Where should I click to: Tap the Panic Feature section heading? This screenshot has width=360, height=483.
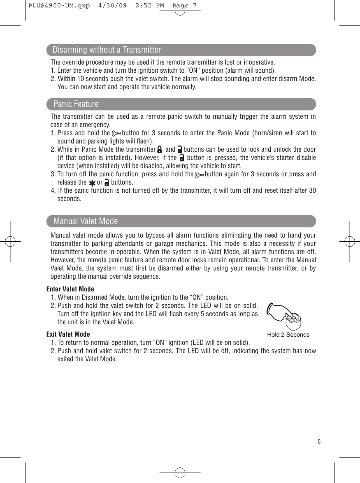click(76, 104)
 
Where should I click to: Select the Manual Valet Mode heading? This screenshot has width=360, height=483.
click(86, 221)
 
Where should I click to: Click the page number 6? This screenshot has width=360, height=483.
click(319, 441)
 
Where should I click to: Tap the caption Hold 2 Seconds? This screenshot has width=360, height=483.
click(288, 335)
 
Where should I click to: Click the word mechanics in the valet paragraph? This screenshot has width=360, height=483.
click(225, 243)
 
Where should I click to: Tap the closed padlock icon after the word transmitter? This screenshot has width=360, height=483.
click(159, 150)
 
